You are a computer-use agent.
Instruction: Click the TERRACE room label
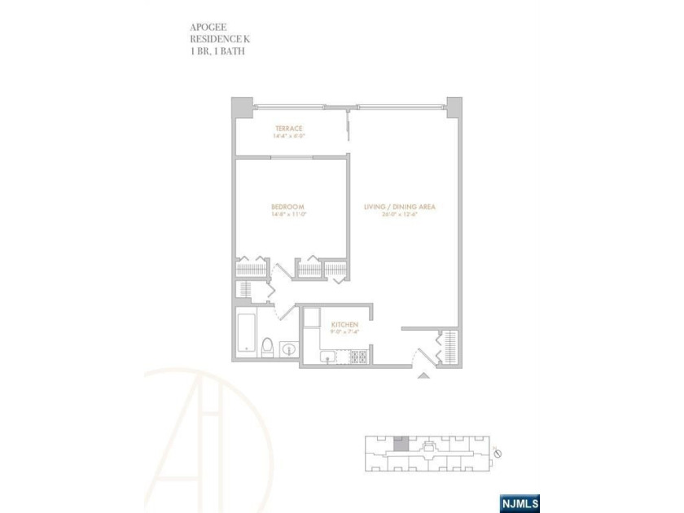coord(288,129)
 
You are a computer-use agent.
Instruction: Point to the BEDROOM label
coord(287,208)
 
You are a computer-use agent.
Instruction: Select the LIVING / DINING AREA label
coord(400,208)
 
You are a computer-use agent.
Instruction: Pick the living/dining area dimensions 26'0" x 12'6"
coord(400,216)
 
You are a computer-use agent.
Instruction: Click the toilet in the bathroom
coord(267,348)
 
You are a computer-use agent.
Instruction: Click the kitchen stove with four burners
coord(358,356)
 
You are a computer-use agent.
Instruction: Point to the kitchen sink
coord(327,357)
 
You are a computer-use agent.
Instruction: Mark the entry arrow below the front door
coord(422,375)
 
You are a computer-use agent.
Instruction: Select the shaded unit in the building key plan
coord(399,445)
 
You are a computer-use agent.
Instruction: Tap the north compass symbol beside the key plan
coord(498,453)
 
